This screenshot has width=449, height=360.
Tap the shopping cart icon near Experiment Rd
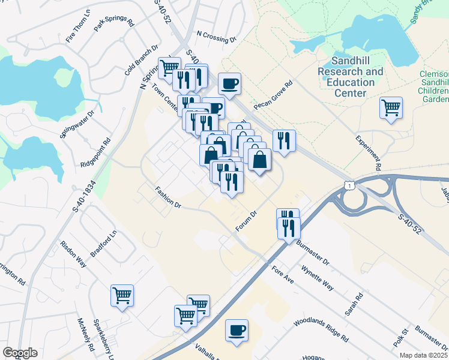(x=391, y=108)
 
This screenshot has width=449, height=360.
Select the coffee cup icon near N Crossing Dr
(x=229, y=83)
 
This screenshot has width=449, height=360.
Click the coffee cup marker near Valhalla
(x=237, y=330)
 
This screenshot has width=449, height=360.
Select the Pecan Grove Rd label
(x=273, y=95)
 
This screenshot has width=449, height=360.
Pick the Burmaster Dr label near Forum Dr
(x=313, y=252)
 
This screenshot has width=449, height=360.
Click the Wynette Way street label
(x=318, y=277)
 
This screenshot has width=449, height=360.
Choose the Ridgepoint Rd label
(x=96, y=154)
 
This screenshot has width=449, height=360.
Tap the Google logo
(x=20, y=353)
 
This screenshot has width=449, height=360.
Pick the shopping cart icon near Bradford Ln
(x=122, y=295)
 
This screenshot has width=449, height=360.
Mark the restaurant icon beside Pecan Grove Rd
(x=284, y=140)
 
